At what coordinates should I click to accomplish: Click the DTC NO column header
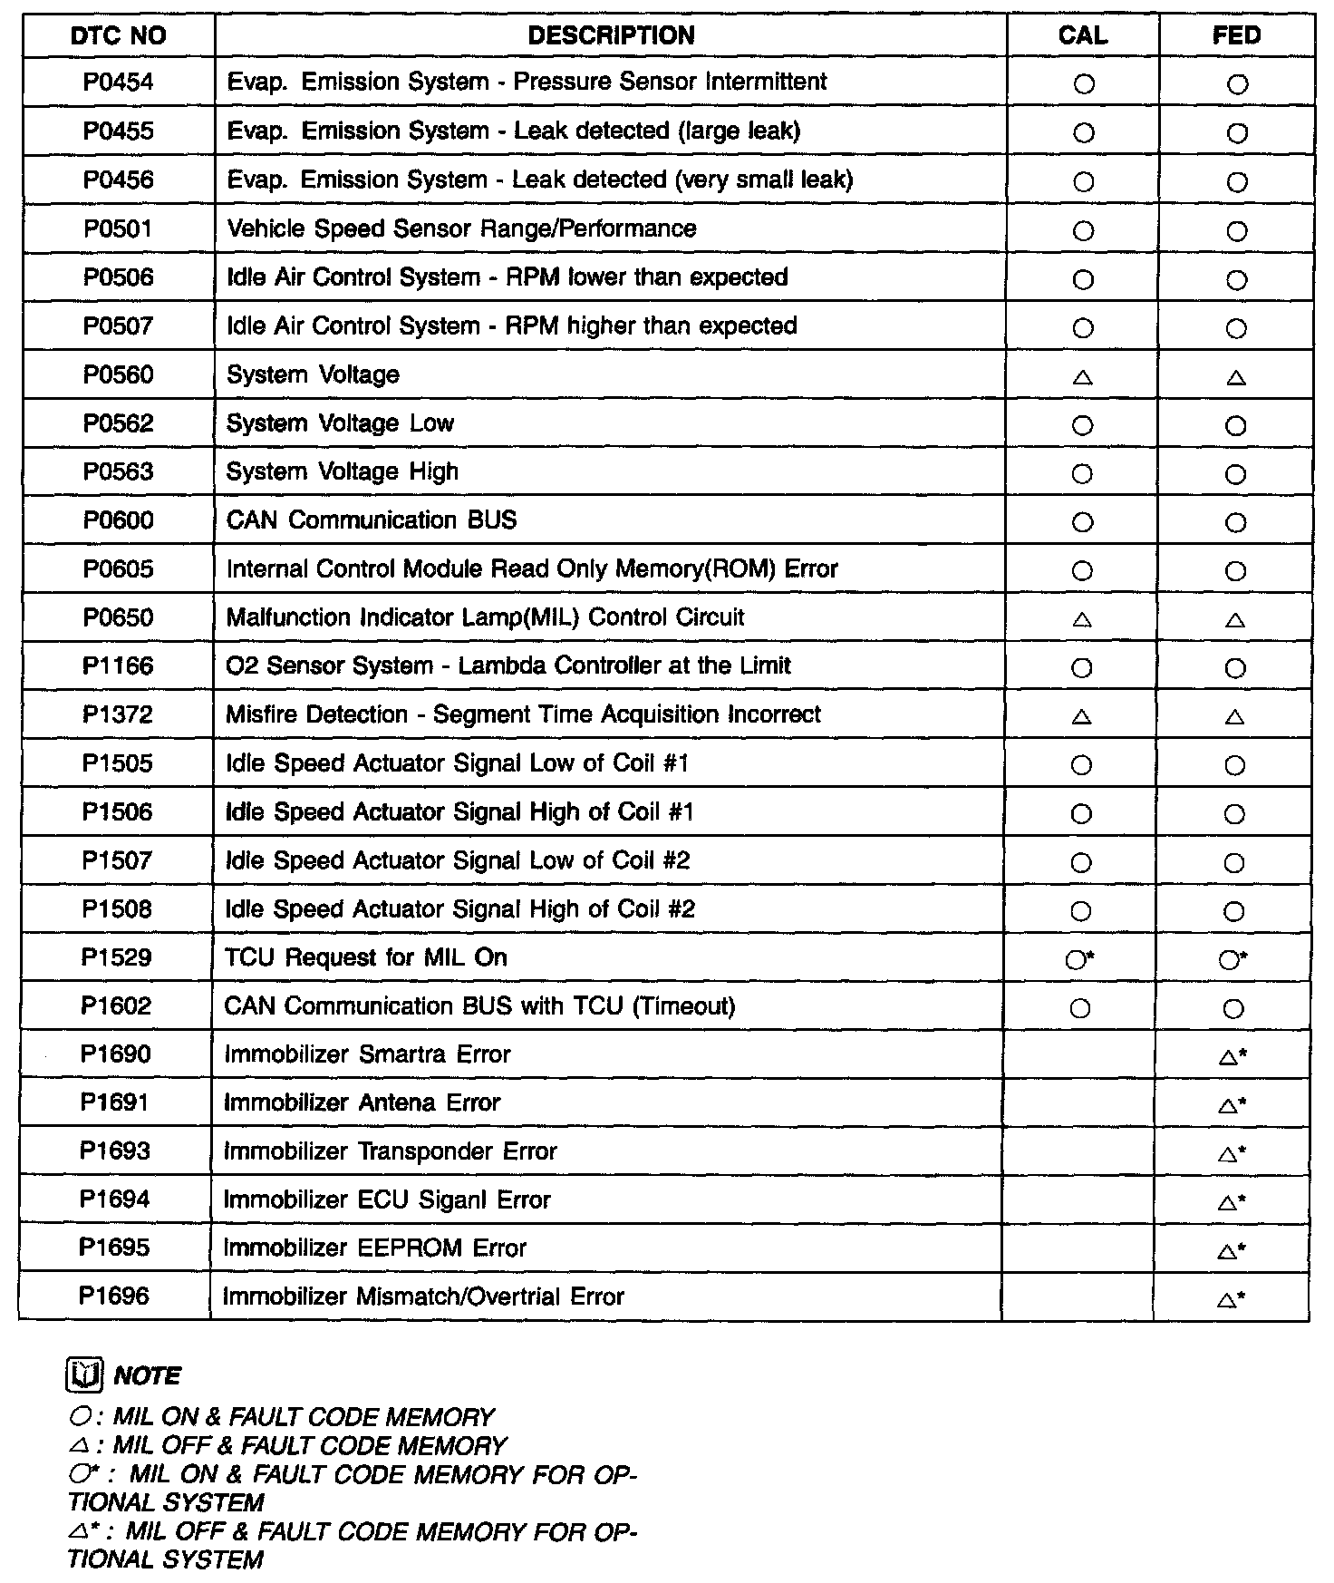click(x=119, y=36)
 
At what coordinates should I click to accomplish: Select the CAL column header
click(x=1083, y=35)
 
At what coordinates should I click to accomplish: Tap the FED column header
click(x=1237, y=35)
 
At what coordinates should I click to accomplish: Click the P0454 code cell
click(x=119, y=83)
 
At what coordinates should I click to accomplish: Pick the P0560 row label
click(x=119, y=375)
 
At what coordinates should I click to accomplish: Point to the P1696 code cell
click(x=114, y=1297)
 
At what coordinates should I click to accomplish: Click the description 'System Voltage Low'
click(x=340, y=423)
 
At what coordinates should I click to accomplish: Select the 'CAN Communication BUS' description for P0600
click(x=372, y=520)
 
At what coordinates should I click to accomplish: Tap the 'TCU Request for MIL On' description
click(x=366, y=958)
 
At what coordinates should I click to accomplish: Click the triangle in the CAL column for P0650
click(x=1081, y=621)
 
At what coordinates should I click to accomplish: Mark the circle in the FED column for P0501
click(x=1237, y=231)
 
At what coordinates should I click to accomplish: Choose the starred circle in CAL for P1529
click(x=1077, y=960)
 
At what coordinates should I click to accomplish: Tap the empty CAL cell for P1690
click(x=1078, y=1054)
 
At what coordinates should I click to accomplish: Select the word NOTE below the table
click(x=148, y=1376)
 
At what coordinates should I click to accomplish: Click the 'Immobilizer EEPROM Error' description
click(x=375, y=1248)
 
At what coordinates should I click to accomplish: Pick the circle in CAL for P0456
click(x=1083, y=182)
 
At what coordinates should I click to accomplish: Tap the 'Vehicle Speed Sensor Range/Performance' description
click(x=461, y=228)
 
